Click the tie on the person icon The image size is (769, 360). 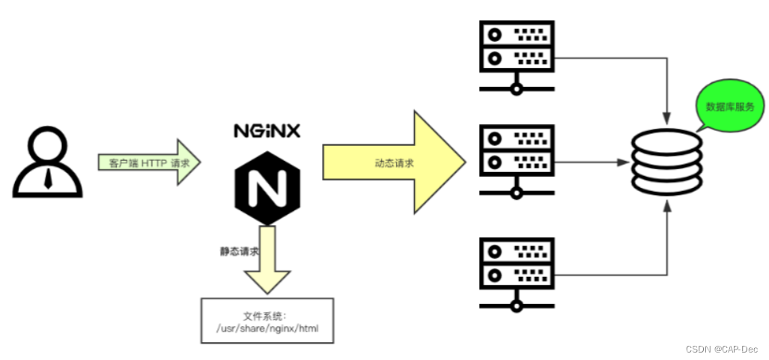47,178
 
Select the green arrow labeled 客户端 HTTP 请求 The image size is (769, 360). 149,162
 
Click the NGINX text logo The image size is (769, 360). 267,130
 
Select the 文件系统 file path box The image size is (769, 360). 267,320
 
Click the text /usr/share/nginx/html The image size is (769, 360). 267,328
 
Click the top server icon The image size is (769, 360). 517,57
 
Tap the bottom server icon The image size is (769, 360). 517,272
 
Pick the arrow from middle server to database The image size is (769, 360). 592,161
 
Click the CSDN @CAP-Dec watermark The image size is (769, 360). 722,349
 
